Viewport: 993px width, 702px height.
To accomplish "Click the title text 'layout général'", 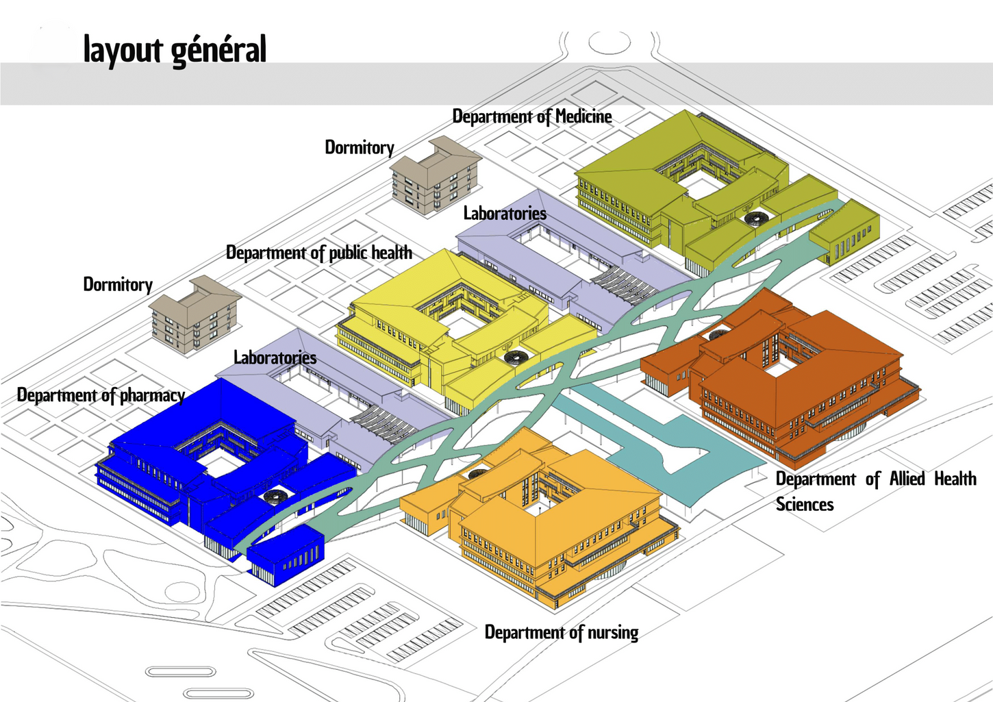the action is tap(175, 50).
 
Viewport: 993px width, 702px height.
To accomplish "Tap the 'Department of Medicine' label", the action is tap(532, 116).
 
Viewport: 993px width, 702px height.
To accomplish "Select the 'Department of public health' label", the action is tap(319, 253).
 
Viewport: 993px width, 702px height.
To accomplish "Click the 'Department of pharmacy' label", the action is tap(101, 395).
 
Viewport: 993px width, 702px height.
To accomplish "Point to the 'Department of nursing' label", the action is tap(562, 632).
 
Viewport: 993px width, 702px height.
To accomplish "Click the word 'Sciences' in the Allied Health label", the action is tap(805, 505).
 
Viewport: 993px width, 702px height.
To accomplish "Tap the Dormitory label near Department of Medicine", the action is tap(360, 147).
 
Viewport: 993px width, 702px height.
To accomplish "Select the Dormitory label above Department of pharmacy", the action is tap(118, 284).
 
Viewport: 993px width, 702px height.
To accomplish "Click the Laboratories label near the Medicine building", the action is tap(505, 213).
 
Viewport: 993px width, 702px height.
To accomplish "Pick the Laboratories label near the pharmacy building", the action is tap(275, 358).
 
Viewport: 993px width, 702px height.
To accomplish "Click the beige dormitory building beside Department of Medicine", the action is tap(436, 176).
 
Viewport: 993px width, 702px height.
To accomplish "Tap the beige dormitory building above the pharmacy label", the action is tap(195, 315).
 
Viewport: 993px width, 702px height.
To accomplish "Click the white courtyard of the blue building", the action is tap(221, 466).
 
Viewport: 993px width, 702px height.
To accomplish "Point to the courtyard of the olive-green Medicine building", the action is tap(703, 184).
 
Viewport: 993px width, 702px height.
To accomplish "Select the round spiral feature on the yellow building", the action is tap(514, 357).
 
